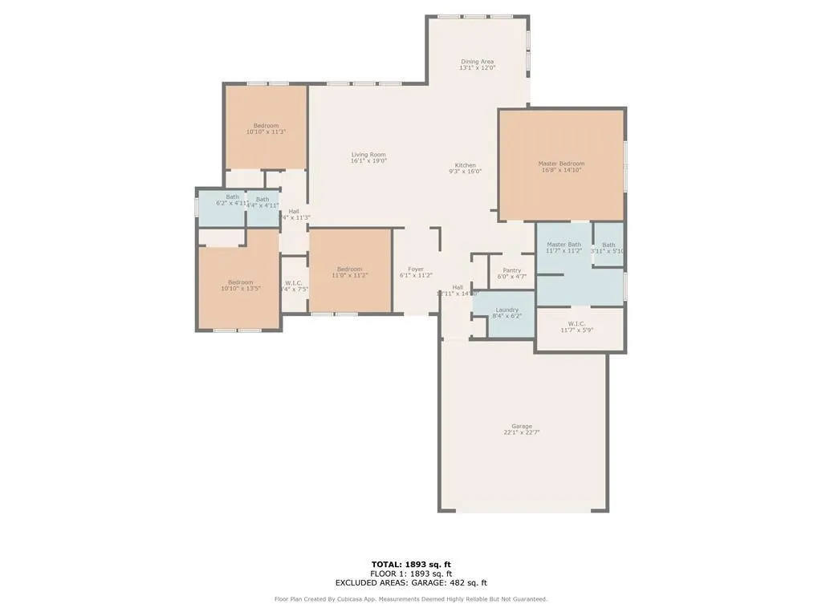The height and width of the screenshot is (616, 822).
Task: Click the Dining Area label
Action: click(477, 62)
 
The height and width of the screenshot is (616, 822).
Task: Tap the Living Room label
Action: click(368, 155)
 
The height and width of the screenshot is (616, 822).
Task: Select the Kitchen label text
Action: click(466, 165)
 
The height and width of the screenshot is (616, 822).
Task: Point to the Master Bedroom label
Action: click(561, 164)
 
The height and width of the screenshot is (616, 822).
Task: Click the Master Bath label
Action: click(564, 245)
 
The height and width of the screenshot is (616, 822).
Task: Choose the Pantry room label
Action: click(512, 270)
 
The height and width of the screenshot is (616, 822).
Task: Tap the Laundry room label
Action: click(507, 310)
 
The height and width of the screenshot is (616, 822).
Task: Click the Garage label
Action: click(522, 426)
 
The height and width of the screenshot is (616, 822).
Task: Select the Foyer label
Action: click(416, 269)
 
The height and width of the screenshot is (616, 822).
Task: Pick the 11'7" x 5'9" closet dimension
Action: click(576, 330)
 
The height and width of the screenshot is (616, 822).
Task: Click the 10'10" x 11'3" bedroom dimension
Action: click(266, 132)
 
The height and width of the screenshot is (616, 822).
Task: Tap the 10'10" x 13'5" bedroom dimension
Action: click(240, 289)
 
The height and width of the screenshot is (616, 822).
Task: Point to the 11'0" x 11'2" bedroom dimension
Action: click(349, 276)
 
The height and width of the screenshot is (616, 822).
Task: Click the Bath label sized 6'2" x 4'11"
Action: click(232, 197)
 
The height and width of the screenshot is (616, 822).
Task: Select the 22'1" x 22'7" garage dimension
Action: click(522, 433)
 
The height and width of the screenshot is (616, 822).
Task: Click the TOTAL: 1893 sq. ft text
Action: click(411, 565)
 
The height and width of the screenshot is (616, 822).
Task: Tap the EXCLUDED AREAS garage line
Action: click(411, 583)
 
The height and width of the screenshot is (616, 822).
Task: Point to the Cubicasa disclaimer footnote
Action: click(411, 599)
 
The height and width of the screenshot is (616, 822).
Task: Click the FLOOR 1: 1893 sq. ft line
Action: click(411, 573)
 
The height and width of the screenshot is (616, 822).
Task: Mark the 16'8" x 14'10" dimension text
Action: click(561, 170)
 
